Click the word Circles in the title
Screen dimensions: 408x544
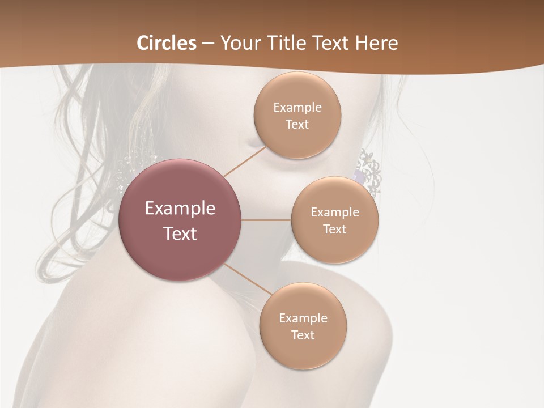167,43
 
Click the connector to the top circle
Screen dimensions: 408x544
245,161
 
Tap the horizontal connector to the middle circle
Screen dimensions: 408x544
266,220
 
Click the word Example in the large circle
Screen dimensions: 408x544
180,209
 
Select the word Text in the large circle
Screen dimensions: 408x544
180,233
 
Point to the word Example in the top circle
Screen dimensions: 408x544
297,108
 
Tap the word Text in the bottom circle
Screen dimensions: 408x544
303,335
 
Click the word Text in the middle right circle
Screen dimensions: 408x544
334,229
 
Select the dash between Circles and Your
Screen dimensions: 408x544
208,44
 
